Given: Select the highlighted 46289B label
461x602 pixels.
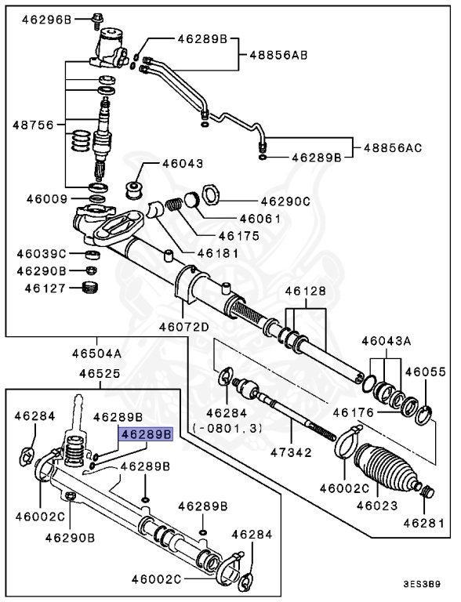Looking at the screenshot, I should click(x=145, y=433).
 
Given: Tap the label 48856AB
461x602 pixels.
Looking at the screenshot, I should click(x=278, y=55).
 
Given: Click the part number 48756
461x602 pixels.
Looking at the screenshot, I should click(x=31, y=125).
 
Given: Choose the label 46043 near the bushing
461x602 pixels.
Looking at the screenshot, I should click(x=183, y=165).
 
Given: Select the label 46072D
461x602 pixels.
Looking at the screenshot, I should click(x=183, y=327).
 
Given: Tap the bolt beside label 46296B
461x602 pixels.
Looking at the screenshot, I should click(x=97, y=16).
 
